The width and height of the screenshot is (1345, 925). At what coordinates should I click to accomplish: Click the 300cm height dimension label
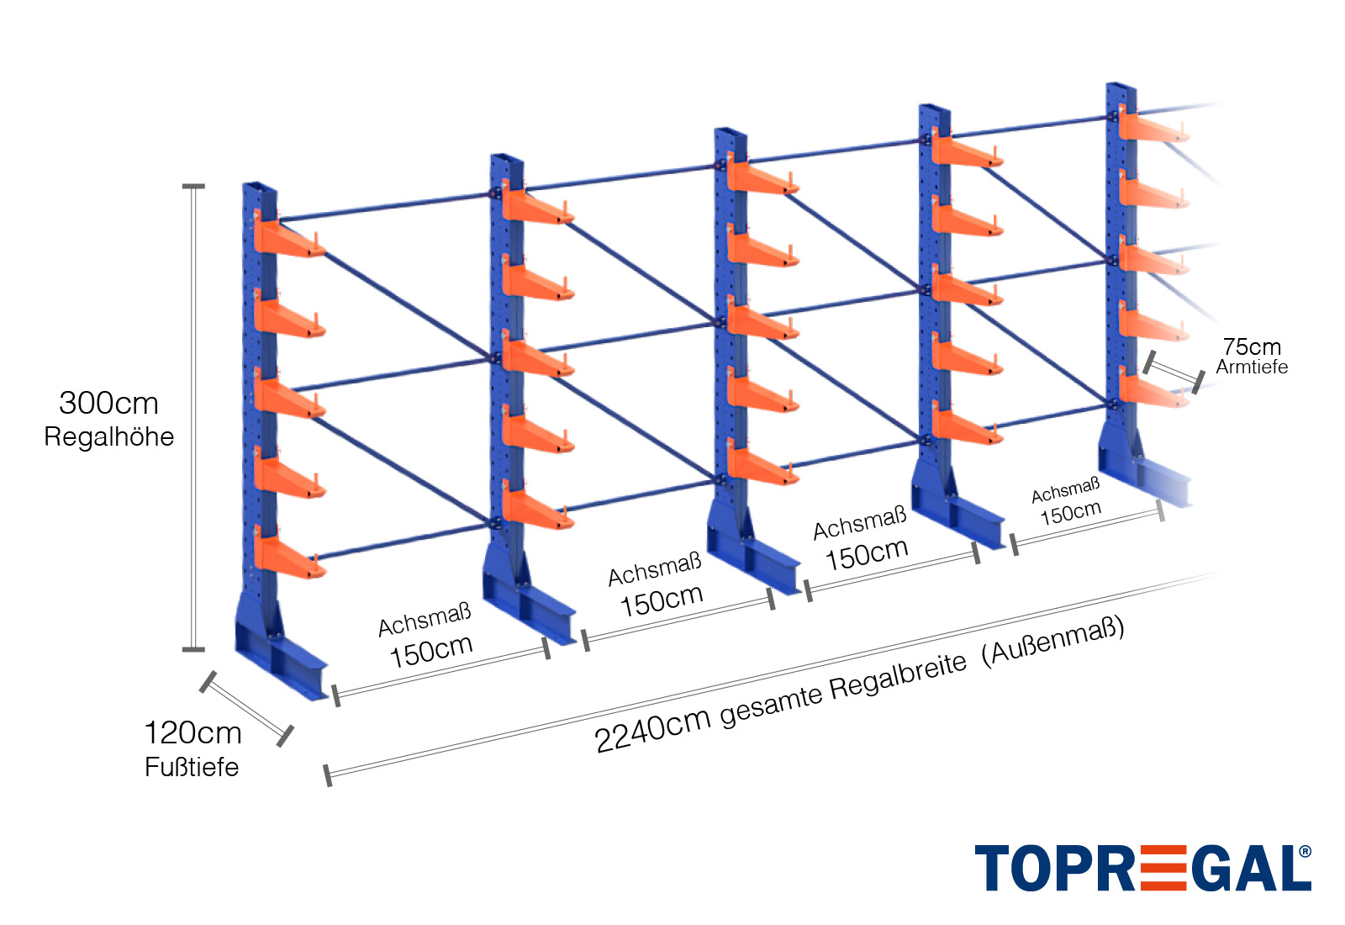click(108, 404)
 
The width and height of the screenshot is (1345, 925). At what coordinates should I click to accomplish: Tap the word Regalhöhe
click(108, 437)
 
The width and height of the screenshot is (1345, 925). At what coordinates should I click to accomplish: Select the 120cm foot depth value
click(193, 733)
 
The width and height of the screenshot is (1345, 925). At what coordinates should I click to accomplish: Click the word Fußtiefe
click(192, 767)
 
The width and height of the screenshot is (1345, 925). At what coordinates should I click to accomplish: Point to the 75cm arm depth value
click(1252, 346)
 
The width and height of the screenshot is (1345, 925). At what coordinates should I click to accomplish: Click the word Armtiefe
click(1252, 367)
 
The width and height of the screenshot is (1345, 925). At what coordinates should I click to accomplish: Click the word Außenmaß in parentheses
click(1055, 642)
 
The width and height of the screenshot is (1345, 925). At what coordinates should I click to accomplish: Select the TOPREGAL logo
click(1142, 868)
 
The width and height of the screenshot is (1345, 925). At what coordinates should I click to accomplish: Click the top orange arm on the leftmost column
click(289, 240)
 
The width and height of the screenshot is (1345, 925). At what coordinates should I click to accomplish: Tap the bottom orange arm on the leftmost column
click(289, 558)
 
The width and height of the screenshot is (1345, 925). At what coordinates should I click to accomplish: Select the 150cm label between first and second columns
click(430, 650)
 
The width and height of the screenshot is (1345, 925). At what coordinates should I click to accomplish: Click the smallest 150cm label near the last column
click(1070, 512)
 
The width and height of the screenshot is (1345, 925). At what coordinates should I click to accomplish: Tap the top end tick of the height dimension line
click(193, 187)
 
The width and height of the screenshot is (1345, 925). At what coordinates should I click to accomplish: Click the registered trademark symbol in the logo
click(1305, 852)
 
